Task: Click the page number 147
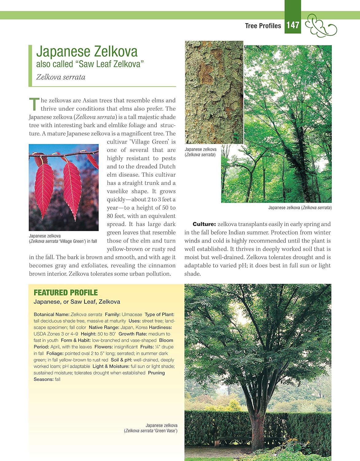point(293,25)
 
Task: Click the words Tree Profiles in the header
point(263,26)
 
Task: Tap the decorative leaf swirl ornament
point(321,26)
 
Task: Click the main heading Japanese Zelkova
point(87,52)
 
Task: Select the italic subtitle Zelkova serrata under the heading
point(61,77)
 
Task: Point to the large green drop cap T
point(34,104)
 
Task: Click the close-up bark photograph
point(214,92)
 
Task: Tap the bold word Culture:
point(204,224)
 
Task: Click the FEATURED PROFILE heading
point(66,293)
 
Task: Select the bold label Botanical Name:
point(52,314)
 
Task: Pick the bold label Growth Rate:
point(133,334)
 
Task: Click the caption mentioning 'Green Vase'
point(151,428)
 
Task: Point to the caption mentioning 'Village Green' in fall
point(63,239)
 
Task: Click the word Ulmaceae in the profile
point(132,314)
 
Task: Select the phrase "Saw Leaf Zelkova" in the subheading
point(111,64)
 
